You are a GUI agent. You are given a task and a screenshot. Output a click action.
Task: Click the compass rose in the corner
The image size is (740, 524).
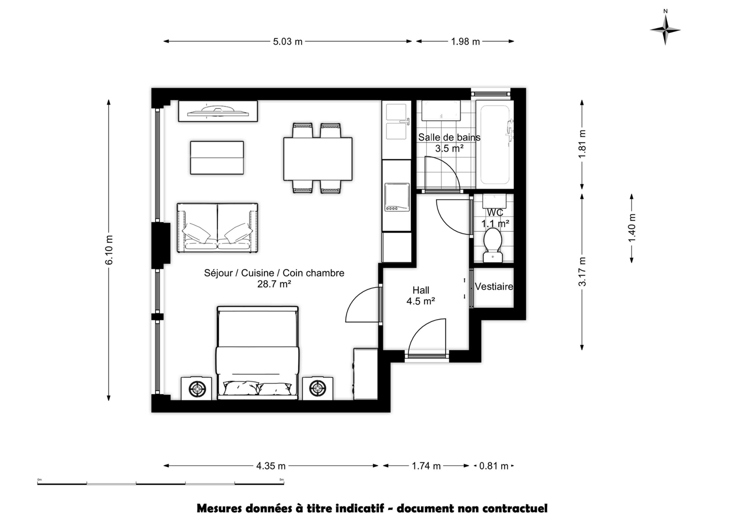coord(665,30)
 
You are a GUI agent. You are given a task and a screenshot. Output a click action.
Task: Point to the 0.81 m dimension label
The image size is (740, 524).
coord(494,466)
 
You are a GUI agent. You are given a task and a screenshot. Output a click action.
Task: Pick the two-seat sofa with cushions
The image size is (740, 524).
coord(217,227)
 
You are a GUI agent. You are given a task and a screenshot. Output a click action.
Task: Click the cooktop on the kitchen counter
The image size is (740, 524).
coord(397,197)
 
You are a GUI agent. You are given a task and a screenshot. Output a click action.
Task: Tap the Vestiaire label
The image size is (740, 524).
coord(494,287)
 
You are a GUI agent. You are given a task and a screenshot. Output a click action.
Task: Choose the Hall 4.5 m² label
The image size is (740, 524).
coord(421,295)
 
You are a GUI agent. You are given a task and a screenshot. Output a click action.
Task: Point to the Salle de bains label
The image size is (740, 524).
coord(449,138)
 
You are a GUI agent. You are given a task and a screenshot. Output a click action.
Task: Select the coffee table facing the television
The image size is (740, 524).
coord(217,158)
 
